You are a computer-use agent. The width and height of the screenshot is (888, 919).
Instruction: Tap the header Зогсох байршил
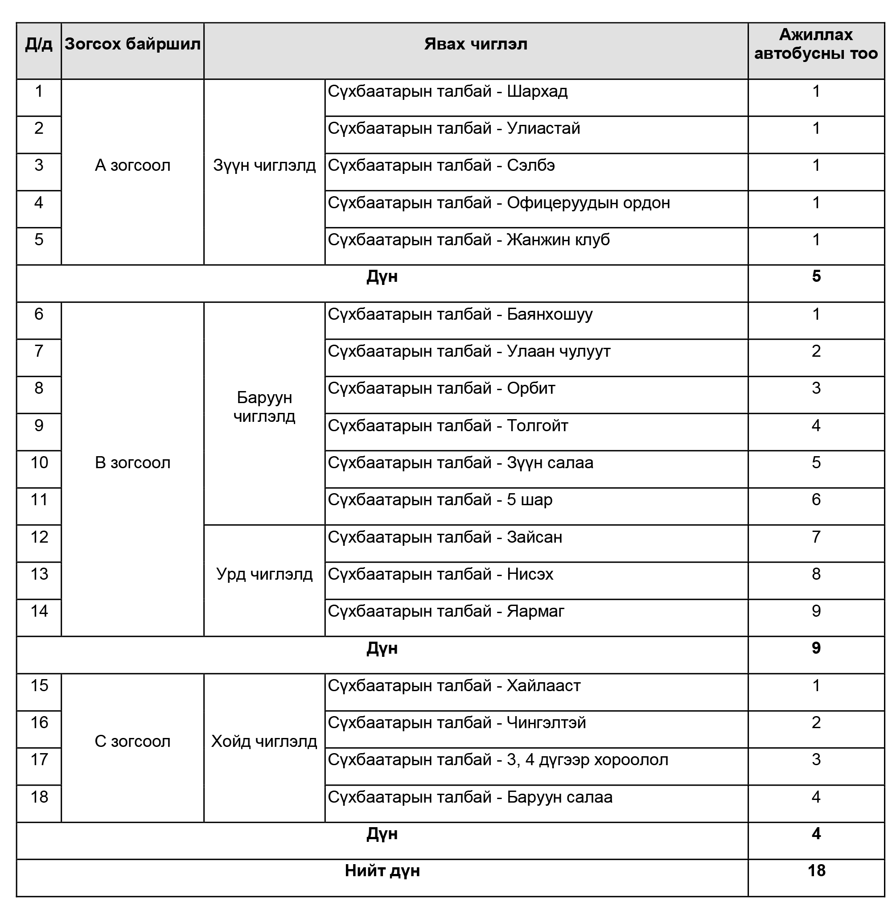click(x=132, y=45)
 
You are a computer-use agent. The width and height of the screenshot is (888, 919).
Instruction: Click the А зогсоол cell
click(x=132, y=165)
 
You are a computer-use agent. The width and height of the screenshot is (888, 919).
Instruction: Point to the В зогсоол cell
click(x=132, y=463)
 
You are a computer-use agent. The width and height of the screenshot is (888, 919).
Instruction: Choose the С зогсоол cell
click(x=132, y=741)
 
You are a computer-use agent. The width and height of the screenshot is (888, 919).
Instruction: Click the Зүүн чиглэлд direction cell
click(x=264, y=165)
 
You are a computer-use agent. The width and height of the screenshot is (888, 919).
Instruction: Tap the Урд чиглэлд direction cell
click(x=264, y=574)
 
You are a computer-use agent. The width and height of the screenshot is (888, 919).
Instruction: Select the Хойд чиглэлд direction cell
click(x=264, y=741)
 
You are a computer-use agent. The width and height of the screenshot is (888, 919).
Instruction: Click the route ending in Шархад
click(x=447, y=91)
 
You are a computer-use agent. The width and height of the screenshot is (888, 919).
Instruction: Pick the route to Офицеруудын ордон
click(x=499, y=203)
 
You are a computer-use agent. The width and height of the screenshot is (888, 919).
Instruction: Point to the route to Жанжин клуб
click(x=469, y=240)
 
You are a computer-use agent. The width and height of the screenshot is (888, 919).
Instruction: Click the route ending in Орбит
click(x=441, y=389)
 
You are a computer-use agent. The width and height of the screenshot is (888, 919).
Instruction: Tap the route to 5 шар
click(x=440, y=500)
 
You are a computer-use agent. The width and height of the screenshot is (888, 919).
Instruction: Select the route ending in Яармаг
click(x=446, y=611)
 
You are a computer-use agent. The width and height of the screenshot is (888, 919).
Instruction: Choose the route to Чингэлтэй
click(x=456, y=723)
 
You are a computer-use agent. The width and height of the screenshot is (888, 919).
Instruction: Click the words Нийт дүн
click(x=382, y=871)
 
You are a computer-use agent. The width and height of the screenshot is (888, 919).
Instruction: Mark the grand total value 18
click(x=816, y=871)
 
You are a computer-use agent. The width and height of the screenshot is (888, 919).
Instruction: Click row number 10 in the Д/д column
click(x=39, y=463)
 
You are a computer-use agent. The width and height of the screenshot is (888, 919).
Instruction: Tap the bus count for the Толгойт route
click(x=816, y=426)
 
